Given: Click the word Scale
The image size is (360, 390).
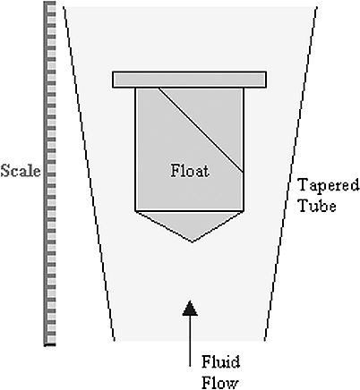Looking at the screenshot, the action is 21,171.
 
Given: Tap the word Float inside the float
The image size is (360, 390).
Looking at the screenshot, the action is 190,171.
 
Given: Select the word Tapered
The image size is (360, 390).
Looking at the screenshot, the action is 329,186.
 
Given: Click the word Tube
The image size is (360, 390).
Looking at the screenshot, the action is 318,206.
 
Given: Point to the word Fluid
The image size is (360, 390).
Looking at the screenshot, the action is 220,362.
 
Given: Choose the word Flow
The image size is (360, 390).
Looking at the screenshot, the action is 220,382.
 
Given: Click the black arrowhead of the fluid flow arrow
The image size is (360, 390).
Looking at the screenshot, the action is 190,308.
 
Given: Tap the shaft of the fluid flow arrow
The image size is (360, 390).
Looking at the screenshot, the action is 190,341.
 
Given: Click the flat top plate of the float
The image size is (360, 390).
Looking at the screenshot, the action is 189,80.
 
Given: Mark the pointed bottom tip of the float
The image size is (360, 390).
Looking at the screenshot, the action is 192,242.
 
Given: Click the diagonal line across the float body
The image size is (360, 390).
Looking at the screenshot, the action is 201,130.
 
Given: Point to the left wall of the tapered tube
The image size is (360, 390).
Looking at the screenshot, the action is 89,173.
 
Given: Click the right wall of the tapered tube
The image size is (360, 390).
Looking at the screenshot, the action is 291,173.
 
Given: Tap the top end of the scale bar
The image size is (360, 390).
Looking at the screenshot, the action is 50,2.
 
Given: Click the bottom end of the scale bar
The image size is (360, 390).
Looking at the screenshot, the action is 50,344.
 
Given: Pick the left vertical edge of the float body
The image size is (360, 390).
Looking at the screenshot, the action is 135,149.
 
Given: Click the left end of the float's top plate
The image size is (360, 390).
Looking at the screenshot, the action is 113,80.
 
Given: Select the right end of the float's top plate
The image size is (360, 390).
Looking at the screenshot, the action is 266,80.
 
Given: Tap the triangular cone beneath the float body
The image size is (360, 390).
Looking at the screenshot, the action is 191,223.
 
